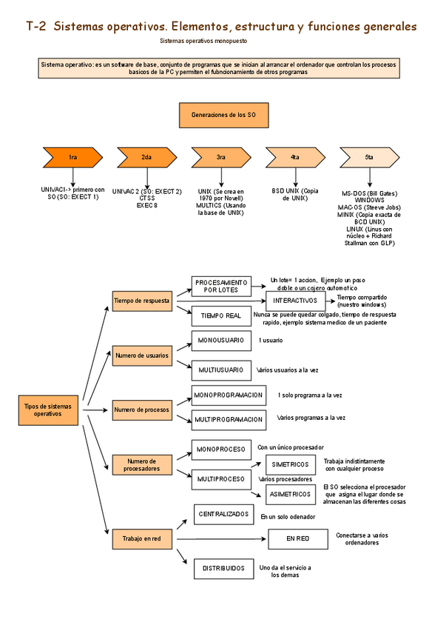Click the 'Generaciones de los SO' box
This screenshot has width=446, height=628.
coord(223,116)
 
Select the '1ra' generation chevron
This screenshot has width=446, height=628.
coord(72,157)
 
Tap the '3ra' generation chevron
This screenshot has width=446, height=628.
coord(220,157)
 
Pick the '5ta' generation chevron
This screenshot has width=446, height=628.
coord(369,157)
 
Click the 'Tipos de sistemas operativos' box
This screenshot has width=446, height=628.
coord(50,410)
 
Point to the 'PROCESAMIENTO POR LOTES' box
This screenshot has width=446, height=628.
coord(221,286)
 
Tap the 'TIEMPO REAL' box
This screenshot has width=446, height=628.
coord(221,315)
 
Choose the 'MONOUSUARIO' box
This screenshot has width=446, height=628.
coord(221,340)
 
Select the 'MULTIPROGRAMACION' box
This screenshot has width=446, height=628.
coord(229,419)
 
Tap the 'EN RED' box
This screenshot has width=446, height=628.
coord(298,538)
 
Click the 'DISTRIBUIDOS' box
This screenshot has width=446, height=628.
coord(223,568)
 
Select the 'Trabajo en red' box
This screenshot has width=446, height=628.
coord(142,538)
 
